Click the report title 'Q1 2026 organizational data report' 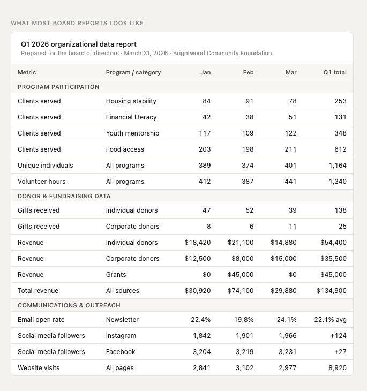click(79, 44)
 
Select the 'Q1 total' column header click(335, 72)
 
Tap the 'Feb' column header click(248, 72)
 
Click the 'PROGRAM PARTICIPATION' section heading click(58, 87)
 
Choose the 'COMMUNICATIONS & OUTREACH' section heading click(69, 305)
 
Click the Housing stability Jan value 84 click(206, 101)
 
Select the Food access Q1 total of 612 click(340, 149)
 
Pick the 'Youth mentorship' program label click(132, 133)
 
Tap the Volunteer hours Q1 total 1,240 click(338, 182)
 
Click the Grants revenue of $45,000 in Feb click(241, 275)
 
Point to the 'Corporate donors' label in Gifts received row click(132, 227)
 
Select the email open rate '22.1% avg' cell click(330, 320)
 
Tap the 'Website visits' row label click(39, 368)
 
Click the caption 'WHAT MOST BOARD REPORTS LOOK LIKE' click(77, 23)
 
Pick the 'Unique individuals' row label click(45, 166)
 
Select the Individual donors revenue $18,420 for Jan click(198, 243)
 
